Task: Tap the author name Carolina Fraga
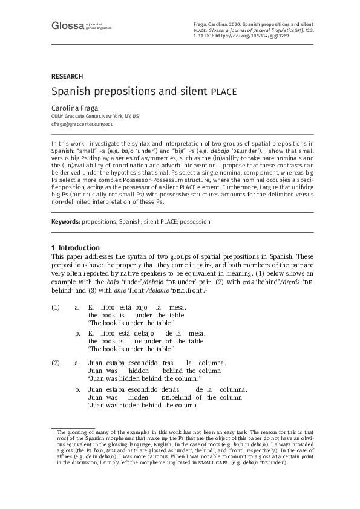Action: click(x=74, y=108)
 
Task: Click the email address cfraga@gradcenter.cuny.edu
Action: click(x=82, y=124)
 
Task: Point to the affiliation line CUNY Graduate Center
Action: click(x=94, y=116)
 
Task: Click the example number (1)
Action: click(x=56, y=308)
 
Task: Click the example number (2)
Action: click(x=56, y=363)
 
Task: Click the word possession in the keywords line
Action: click(x=194, y=222)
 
